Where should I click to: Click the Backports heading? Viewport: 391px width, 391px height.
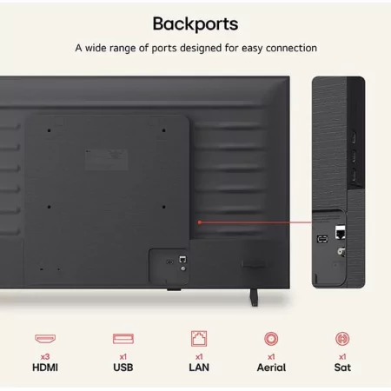[195, 24]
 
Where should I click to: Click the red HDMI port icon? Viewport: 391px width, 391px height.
[45, 338]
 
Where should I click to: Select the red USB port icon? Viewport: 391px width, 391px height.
[123, 339]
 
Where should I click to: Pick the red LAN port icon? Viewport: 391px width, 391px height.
[199, 339]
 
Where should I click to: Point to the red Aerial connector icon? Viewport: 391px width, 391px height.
[271, 339]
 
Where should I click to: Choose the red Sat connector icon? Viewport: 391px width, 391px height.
[342, 339]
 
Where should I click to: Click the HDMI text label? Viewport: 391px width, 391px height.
[45, 368]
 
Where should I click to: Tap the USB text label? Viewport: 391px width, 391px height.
[123, 368]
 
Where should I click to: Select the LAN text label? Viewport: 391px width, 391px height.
[199, 368]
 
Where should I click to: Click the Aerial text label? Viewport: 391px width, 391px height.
[271, 368]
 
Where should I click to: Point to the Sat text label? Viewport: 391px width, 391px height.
[342, 368]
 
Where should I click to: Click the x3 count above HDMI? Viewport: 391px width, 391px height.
[45, 356]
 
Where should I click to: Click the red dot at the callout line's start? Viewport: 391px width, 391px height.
[200, 222]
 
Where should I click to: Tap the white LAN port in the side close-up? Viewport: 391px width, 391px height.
[340, 232]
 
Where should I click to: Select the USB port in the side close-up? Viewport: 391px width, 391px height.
[322, 239]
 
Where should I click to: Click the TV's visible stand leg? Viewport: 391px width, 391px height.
[254, 297]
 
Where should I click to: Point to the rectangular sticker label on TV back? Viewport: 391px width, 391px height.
[107, 160]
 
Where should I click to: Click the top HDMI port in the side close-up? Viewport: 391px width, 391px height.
[354, 137]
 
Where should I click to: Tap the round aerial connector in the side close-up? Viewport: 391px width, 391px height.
[341, 251]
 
